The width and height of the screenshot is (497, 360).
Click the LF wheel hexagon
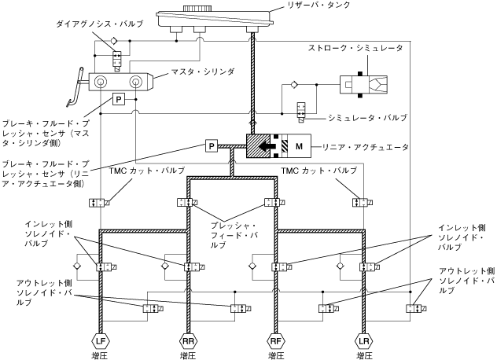[x=101, y=341]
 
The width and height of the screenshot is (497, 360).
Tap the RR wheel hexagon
[x=189, y=341]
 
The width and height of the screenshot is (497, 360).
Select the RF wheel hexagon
[x=276, y=341]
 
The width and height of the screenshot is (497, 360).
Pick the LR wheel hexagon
[x=364, y=341]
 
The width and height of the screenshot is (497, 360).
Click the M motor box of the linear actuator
[x=300, y=146]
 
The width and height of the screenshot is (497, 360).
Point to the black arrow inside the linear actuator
[x=267, y=146]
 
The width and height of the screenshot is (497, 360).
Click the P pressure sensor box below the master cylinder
[x=119, y=100]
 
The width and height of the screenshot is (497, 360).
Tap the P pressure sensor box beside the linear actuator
[x=212, y=146]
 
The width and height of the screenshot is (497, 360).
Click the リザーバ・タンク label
[x=317, y=5]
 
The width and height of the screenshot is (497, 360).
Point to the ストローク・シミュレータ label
[x=355, y=48]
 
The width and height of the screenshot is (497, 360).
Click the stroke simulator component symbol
[x=363, y=85]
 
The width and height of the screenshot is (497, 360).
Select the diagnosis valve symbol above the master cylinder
[x=117, y=61]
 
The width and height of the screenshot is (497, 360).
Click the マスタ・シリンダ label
[x=203, y=72]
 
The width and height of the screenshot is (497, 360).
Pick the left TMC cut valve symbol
[x=99, y=203]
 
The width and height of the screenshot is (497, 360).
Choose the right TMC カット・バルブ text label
[x=319, y=171]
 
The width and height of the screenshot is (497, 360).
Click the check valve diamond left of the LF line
[x=77, y=266]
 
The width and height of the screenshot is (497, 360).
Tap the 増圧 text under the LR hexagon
[x=364, y=355]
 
